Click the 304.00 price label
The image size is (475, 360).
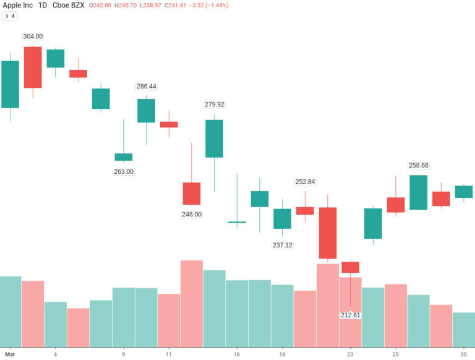pyautogui.click(x=33, y=36)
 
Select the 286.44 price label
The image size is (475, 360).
pyautogui.click(x=146, y=87)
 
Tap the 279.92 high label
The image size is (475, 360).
pyautogui.click(x=214, y=105)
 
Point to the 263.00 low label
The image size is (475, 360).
pyautogui.click(x=124, y=171)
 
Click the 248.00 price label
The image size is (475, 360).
pyautogui.click(x=192, y=214)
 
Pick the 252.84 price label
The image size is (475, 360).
pyautogui.click(x=305, y=182)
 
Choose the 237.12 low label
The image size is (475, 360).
pyautogui.click(x=282, y=245)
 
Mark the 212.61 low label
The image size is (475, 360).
pyautogui.click(x=350, y=315)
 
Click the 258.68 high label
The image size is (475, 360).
pyautogui.click(x=418, y=165)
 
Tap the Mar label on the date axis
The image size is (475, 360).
pyautogui.click(x=9, y=354)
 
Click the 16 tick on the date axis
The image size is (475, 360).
pyautogui.click(x=237, y=354)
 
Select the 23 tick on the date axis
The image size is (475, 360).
pyautogui.click(x=350, y=354)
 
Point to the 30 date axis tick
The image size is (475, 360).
pyautogui.click(x=463, y=354)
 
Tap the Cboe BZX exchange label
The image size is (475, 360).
pyautogui.click(x=69, y=5)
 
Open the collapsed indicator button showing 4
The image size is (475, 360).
pyautogui.click(x=10, y=16)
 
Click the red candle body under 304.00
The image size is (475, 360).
pyautogui.click(x=33, y=67)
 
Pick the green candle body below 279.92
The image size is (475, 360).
pyautogui.click(x=214, y=139)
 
